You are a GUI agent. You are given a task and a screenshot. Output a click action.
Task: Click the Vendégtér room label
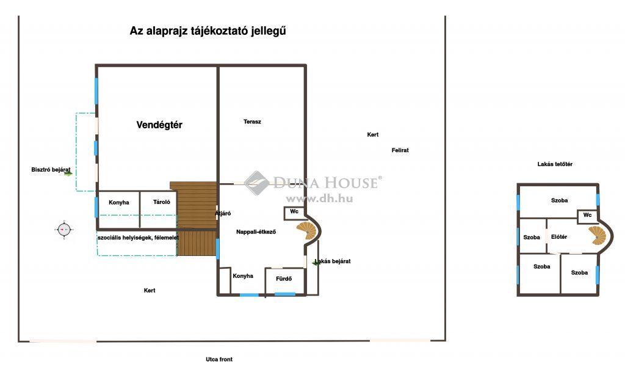159,125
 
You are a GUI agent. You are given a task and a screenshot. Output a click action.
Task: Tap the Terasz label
252,122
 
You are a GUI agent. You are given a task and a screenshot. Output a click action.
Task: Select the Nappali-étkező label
256,232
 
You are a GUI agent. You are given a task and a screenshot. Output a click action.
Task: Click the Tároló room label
161,202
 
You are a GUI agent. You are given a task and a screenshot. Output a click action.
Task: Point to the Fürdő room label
284,279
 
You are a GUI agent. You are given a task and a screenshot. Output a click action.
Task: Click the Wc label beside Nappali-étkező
294,211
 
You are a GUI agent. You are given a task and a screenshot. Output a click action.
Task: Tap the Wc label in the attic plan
588,215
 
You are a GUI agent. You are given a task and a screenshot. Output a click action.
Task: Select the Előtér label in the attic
559,237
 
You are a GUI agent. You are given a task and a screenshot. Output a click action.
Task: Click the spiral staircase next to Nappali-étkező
306,231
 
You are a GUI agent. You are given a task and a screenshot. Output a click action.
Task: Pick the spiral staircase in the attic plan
597,235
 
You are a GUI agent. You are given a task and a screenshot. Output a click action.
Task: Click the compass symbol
64,230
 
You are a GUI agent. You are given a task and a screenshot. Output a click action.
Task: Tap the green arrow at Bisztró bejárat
68,173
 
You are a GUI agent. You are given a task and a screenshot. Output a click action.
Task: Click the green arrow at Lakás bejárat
316,263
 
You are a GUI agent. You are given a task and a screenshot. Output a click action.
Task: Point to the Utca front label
219,359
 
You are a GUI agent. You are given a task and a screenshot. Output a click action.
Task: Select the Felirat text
400,150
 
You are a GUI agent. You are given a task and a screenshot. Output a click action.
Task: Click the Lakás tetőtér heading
555,164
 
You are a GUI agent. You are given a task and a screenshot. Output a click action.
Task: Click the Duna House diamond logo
257,183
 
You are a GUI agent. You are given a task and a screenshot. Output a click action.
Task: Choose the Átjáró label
223,213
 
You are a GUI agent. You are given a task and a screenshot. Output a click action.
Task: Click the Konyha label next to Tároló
119,203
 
